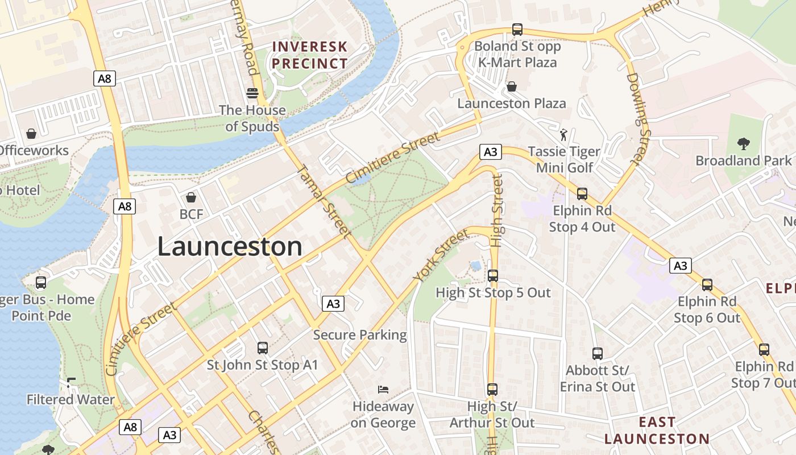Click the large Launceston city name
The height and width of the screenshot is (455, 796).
(x=230, y=247)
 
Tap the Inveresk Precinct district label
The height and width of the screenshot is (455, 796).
(x=309, y=55)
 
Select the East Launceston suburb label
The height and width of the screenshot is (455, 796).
(x=657, y=431)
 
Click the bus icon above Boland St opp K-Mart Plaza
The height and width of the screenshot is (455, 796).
(x=517, y=29)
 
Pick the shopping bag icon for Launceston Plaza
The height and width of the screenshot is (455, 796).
(x=512, y=86)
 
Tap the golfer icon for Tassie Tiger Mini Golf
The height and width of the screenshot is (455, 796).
(x=563, y=135)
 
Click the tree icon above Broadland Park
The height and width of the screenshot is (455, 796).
(x=743, y=143)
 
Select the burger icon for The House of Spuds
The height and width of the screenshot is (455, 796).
(x=252, y=93)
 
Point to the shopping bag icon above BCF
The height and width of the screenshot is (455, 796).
(x=191, y=197)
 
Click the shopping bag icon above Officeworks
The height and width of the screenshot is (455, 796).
(x=31, y=134)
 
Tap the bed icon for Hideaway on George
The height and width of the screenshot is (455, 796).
(x=383, y=390)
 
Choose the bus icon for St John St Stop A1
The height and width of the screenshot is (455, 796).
(x=262, y=348)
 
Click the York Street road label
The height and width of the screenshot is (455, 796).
(x=441, y=255)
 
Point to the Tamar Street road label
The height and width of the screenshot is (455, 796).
(x=322, y=200)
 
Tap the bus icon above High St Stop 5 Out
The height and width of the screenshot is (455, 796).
(x=493, y=275)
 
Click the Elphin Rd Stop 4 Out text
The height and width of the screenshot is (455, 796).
(x=582, y=219)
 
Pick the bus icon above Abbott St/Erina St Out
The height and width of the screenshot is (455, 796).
(x=597, y=353)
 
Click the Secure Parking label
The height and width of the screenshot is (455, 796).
(x=360, y=335)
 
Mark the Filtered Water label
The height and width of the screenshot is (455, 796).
(x=71, y=400)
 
